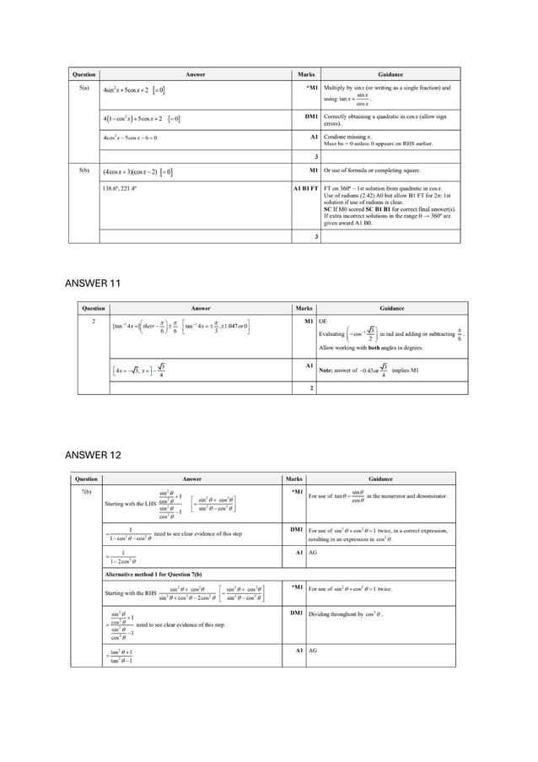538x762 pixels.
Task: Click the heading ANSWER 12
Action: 93,456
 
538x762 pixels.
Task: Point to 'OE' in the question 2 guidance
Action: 322,321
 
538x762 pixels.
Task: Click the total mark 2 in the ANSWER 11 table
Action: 312,387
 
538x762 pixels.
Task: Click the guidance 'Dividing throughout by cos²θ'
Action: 346,613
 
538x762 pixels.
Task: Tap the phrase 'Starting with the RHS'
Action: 130,593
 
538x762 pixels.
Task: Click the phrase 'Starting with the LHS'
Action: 131,504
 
